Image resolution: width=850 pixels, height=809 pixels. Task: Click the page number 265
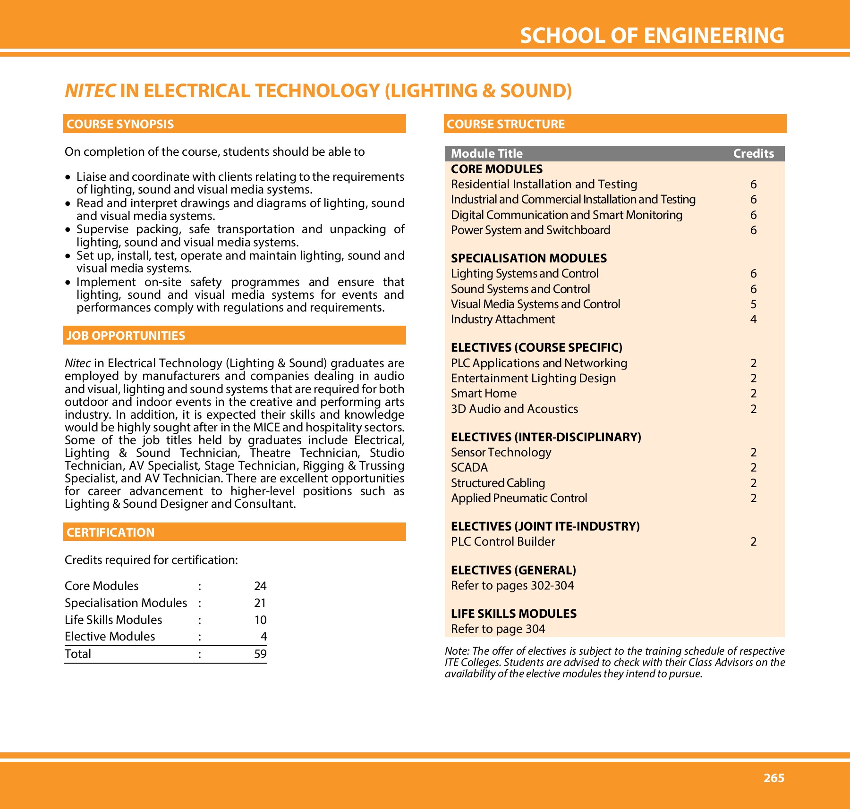click(773, 778)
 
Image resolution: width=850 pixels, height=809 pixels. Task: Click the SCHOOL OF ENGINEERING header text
click(652, 36)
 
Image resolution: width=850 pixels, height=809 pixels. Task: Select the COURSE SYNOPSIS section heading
click(120, 124)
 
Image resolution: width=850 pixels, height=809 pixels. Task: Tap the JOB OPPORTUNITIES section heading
click(126, 336)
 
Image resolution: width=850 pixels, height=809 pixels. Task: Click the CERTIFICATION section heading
click(110, 532)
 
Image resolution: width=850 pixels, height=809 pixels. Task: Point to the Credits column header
click(753, 153)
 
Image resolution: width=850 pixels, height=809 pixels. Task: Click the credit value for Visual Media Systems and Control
click(753, 304)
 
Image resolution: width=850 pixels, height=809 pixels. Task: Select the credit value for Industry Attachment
click(753, 320)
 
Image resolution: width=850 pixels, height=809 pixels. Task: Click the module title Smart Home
click(484, 394)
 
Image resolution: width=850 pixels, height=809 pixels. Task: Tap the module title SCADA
click(469, 468)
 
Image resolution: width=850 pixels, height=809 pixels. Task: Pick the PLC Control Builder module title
click(503, 542)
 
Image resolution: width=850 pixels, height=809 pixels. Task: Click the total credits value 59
click(260, 654)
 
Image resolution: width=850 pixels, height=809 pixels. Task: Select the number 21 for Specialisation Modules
click(260, 603)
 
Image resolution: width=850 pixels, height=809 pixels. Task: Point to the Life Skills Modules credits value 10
click(260, 620)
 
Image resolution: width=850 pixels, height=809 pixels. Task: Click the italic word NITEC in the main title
click(90, 91)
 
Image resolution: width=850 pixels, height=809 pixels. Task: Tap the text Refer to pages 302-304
click(512, 586)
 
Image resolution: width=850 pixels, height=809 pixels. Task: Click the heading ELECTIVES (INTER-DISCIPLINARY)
click(546, 437)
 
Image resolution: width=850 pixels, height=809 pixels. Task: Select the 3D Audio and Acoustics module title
click(514, 409)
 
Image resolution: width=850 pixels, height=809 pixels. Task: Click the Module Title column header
click(486, 153)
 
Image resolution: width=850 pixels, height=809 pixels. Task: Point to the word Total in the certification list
click(78, 654)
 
